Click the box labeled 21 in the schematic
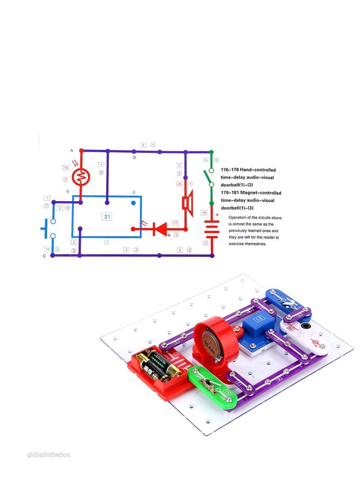107,216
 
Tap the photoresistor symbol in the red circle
81,177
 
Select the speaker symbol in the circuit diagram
187,203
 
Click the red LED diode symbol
159,229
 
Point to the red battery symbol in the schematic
211,229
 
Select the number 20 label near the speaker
179,184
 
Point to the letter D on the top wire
134,158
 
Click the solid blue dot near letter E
133,203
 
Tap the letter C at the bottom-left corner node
44,256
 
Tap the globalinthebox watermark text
49,455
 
